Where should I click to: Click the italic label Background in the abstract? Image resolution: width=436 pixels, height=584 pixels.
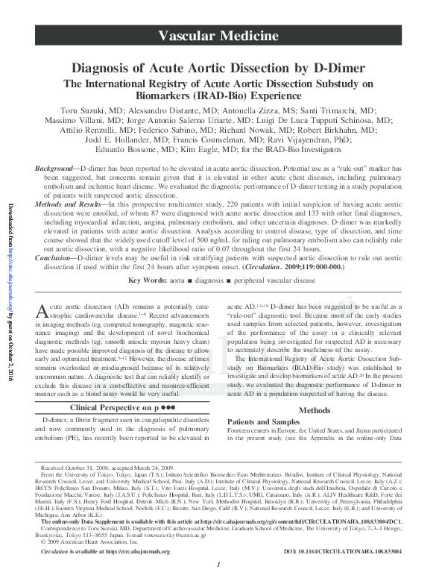tap(56, 171)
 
